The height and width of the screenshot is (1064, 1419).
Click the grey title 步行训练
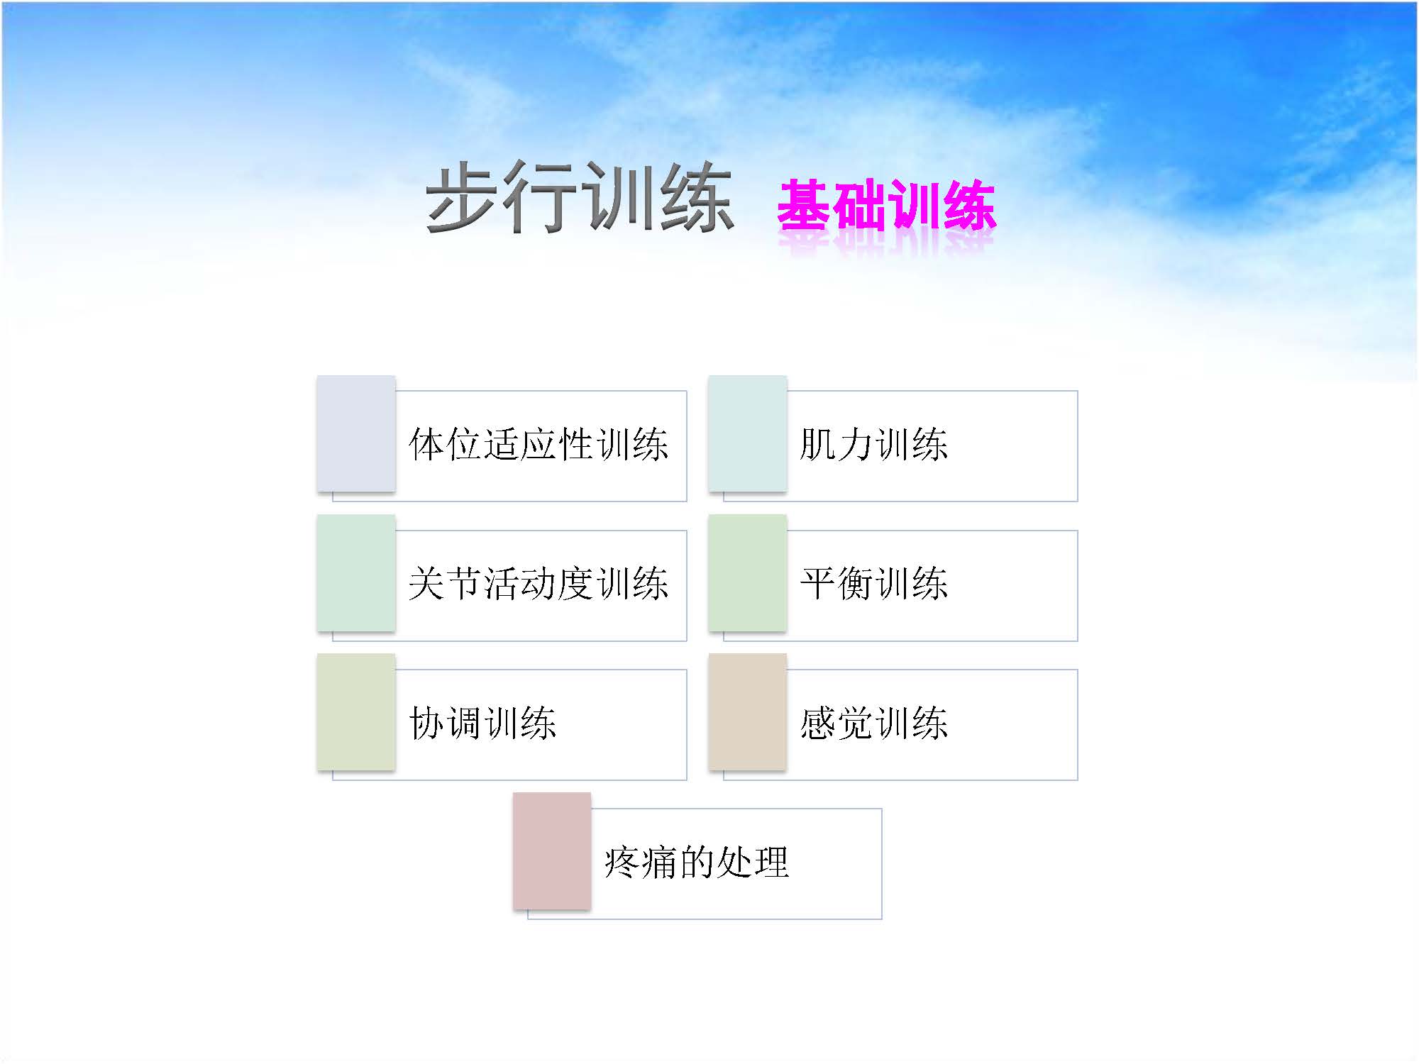coord(579,196)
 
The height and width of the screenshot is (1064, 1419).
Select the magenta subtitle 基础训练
coord(887,204)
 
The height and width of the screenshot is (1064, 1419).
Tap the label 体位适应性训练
coord(539,445)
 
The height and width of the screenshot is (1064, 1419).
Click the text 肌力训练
coord(874,445)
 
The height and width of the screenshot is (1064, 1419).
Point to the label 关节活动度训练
coord(539,584)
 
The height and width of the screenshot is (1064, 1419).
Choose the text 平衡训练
coord(874,584)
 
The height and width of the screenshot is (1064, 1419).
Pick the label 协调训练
coord(482,724)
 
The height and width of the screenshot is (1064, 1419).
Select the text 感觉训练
coord(874,724)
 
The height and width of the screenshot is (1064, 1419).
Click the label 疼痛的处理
coord(696,863)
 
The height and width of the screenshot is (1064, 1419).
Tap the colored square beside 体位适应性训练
coord(356,433)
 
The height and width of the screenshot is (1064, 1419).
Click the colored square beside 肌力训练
coord(748,433)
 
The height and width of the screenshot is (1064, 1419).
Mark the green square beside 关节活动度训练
coord(356,572)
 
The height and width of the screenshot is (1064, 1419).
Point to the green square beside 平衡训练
coord(748,572)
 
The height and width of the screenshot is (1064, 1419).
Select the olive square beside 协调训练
coord(356,711)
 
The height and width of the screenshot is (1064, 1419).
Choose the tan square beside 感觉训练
coord(748,711)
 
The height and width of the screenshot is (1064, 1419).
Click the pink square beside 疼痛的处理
coord(552,850)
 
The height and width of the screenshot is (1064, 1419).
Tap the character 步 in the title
coord(463,196)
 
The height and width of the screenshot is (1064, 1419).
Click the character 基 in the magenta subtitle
coord(805,204)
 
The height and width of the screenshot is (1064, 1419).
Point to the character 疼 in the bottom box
coord(622,863)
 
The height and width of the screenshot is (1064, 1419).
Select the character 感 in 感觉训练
coord(818,724)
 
